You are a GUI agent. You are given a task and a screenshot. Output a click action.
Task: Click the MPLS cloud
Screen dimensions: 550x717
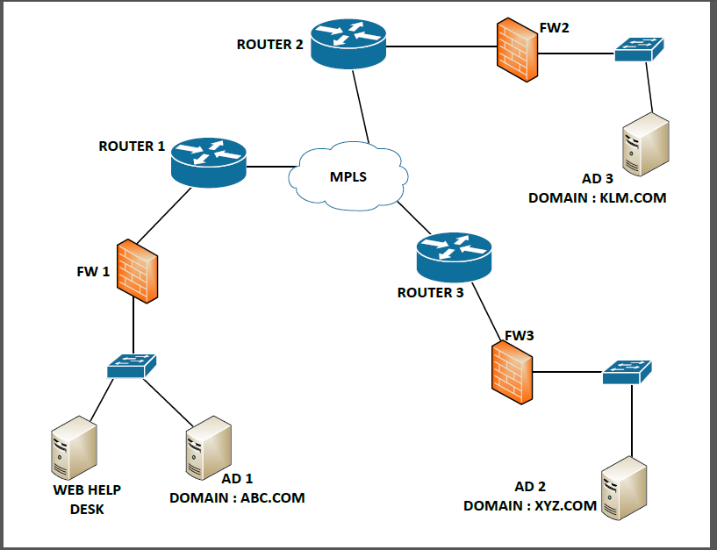point(348,176)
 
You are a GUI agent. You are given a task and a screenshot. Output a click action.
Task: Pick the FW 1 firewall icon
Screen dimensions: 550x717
point(137,269)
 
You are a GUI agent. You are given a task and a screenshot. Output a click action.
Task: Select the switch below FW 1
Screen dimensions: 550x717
point(133,367)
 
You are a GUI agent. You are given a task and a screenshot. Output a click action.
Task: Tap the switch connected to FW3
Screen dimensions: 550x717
point(627,372)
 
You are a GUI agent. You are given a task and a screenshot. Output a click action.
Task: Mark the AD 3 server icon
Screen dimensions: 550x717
point(647,145)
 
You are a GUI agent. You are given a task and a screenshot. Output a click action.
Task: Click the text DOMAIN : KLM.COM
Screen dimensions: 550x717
point(597,198)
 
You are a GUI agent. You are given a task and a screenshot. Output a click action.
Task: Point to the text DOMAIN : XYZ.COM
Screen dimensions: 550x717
point(529,506)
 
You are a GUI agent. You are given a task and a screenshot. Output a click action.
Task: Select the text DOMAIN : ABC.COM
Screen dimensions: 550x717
point(237,497)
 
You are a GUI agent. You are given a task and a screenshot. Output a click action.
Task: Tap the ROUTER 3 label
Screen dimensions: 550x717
point(430,292)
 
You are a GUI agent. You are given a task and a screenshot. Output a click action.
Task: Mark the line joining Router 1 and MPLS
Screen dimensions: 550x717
point(269,165)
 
